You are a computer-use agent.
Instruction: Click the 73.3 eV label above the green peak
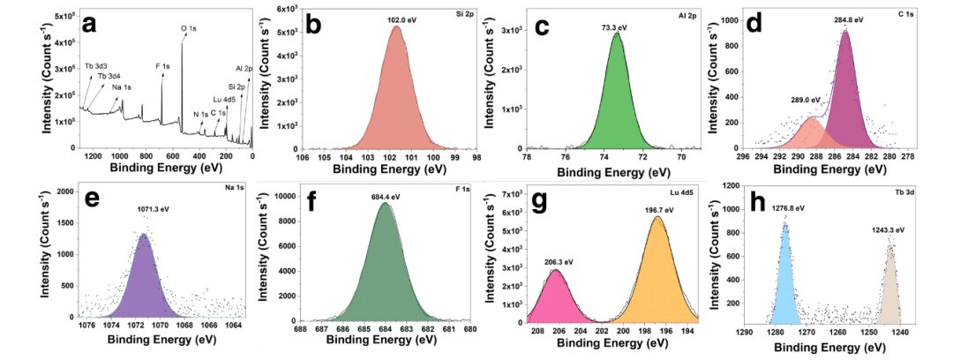[x=616, y=27]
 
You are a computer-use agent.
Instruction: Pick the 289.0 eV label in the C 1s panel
[x=805, y=100]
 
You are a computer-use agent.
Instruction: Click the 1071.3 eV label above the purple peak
[x=143, y=211]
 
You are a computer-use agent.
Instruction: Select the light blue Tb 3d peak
[x=784, y=282]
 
